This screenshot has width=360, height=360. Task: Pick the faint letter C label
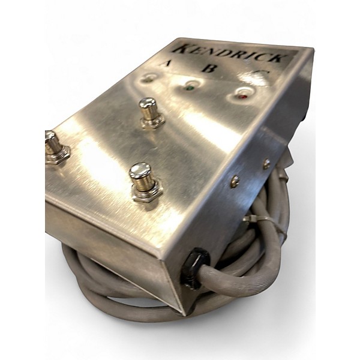pyautogui.click(x=262, y=74)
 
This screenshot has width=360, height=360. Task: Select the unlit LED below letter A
pyautogui.click(x=148, y=79)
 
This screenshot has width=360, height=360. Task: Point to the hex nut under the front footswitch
pyautogui.click(x=146, y=193)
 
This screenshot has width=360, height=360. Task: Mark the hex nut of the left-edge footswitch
pyautogui.click(x=57, y=155)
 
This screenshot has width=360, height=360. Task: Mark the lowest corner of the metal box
pyautogui.click(x=180, y=312)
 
